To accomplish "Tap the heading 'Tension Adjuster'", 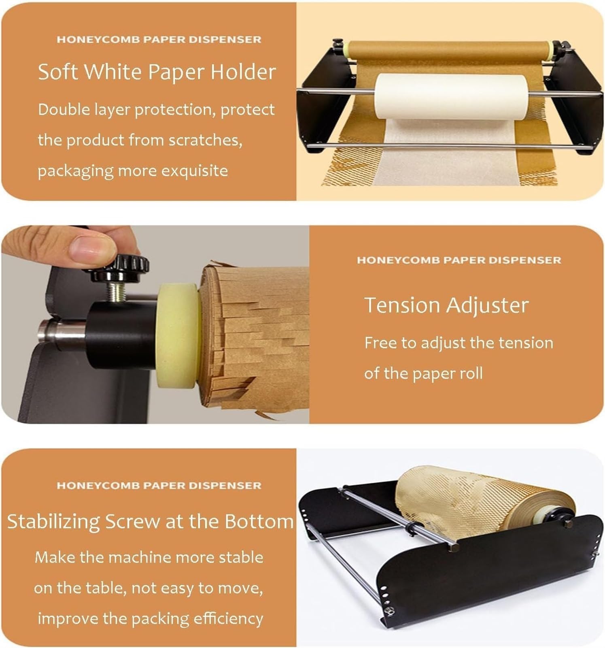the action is click(x=446, y=305).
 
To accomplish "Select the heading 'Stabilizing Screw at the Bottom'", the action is click(x=151, y=521).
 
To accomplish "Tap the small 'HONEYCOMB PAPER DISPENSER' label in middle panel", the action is click(x=459, y=260).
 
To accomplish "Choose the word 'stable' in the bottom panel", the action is click(x=241, y=558).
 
